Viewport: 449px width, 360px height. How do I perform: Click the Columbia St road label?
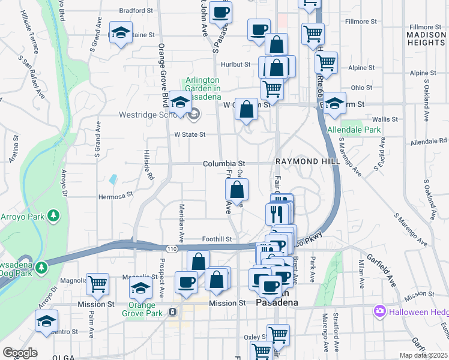pyautogui.click(x=224, y=163)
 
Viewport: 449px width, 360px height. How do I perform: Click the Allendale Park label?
pyautogui.click(x=345, y=130)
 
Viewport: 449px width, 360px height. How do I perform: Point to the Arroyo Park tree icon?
pyautogui.click(x=54, y=215)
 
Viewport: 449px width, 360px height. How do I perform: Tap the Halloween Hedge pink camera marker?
pyautogui.click(x=379, y=311)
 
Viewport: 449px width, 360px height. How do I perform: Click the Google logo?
pyautogui.click(x=20, y=353)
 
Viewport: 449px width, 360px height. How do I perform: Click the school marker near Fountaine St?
pyautogui.click(x=121, y=32)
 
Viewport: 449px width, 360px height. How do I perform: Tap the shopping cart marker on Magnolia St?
pyautogui.click(x=97, y=283)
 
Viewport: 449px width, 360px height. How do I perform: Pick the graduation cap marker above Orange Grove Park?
pyautogui.click(x=141, y=288)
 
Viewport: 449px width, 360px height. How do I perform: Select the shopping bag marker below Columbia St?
pyautogui.click(x=237, y=190)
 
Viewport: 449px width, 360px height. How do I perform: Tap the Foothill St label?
pyautogui.click(x=217, y=239)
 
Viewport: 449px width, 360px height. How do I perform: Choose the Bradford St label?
pyautogui.click(x=133, y=10)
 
